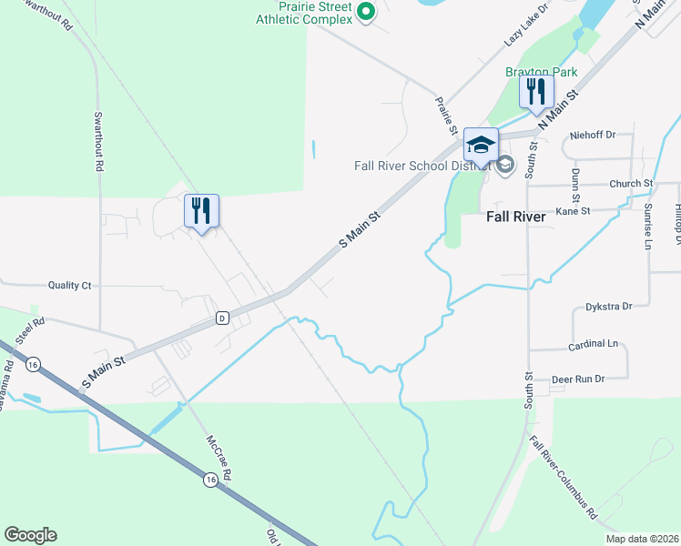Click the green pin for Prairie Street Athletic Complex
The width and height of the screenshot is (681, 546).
pyautogui.click(x=365, y=12)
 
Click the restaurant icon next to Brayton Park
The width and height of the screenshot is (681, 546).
pyautogui.click(x=536, y=91)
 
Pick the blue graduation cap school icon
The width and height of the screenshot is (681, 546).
pyautogui.click(x=482, y=144)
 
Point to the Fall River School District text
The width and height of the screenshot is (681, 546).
pyautogui.click(x=422, y=166)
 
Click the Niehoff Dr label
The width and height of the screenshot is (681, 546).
pyautogui.click(x=593, y=135)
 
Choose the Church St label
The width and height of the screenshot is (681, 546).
pyautogui.click(x=632, y=183)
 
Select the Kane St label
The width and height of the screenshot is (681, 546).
pyautogui.click(x=573, y=210)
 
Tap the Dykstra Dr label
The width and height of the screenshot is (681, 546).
pyautogui.click(x=609, y=307)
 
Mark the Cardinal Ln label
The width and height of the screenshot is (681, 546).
pyautogui.click(x=593, y=344)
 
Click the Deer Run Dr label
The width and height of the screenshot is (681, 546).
pyautogui.click(x=578, y=379)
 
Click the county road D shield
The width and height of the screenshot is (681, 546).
pyautogui.click(x=221, y=318)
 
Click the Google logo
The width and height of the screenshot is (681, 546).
pyautogui.click(x=30, y=535)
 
